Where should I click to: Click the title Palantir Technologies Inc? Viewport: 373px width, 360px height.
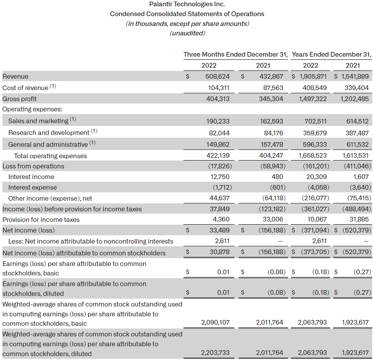click(187, 4)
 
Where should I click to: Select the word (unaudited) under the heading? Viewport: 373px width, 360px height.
click(187, 33)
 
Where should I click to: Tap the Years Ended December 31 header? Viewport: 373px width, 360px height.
click(331, 54)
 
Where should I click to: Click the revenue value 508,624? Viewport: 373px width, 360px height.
click(215, 76)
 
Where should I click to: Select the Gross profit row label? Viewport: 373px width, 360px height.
click(20, 99)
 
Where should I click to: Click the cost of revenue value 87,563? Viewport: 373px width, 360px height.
click(270, 88)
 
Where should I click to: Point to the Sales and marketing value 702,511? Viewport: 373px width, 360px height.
click(314, 121)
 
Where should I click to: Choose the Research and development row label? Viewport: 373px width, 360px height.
click(49, 133)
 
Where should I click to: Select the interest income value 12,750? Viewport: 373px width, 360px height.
click(219, 177)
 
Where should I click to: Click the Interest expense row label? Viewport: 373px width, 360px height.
click(32, 187)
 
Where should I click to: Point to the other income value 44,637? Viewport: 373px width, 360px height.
click(219, 198)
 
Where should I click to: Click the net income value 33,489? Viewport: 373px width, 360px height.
click(219, 230)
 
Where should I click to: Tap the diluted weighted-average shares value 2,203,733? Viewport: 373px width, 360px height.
click(215, 353)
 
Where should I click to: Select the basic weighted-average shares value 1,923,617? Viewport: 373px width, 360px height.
click(355, 323)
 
